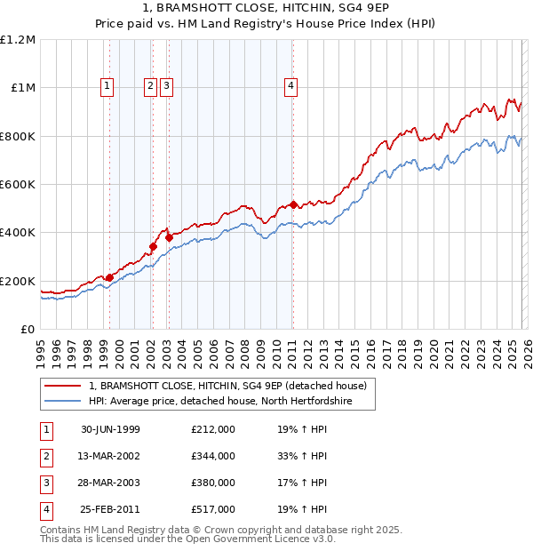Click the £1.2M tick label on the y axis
pyautogui.click(x=18, y=39)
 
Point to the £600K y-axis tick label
pyautogui.click(x=18, y=184)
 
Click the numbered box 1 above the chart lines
pyautogui.click(x=107, y=86)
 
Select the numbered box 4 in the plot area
pyautogui.click(x=290, y=86)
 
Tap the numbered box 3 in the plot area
pyautogui.click(x=166, y=86)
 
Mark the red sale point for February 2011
pyautogui.click(x=293, y=204)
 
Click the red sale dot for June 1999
pyautogui.click(x=110, y=277)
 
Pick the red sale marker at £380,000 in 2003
pyautogui.click(x=169, y=237)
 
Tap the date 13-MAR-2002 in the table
pyautogui.click(x=110, y=456)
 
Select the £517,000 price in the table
pyautogui.click(x=213, y=509)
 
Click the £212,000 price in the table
pyautogui.click(x=213, y=429)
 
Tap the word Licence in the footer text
pyautogui.click(x=294, y=539)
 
